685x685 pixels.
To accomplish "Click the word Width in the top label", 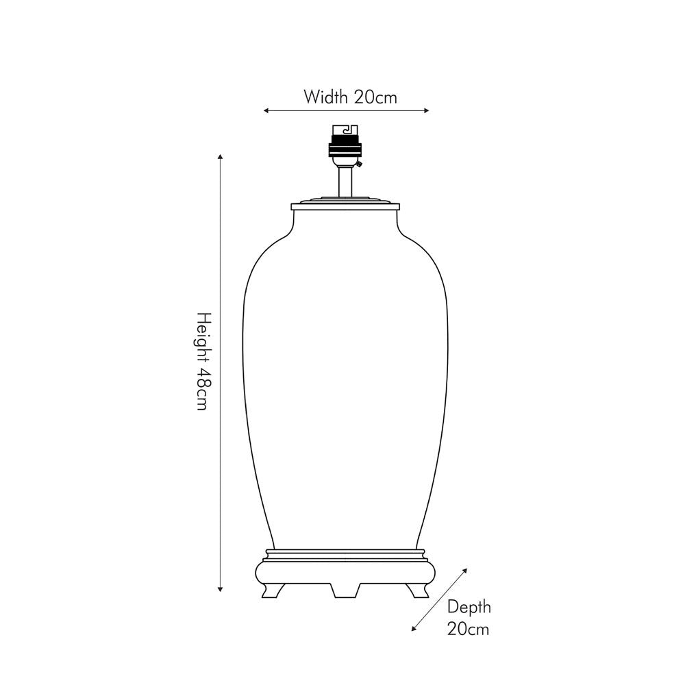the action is tap(325, 97).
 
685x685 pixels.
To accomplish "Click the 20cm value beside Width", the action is tap(375, 97).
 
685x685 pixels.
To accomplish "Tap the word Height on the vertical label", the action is tap(203, 336).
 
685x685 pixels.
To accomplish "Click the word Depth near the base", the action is tap(469, 608).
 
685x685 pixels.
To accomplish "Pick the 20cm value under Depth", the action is tap(468, 629).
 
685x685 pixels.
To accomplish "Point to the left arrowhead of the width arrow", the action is tap(266, 110).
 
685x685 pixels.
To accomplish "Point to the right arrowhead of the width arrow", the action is tap(426, 110).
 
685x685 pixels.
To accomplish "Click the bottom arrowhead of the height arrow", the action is tap(220, 589).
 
